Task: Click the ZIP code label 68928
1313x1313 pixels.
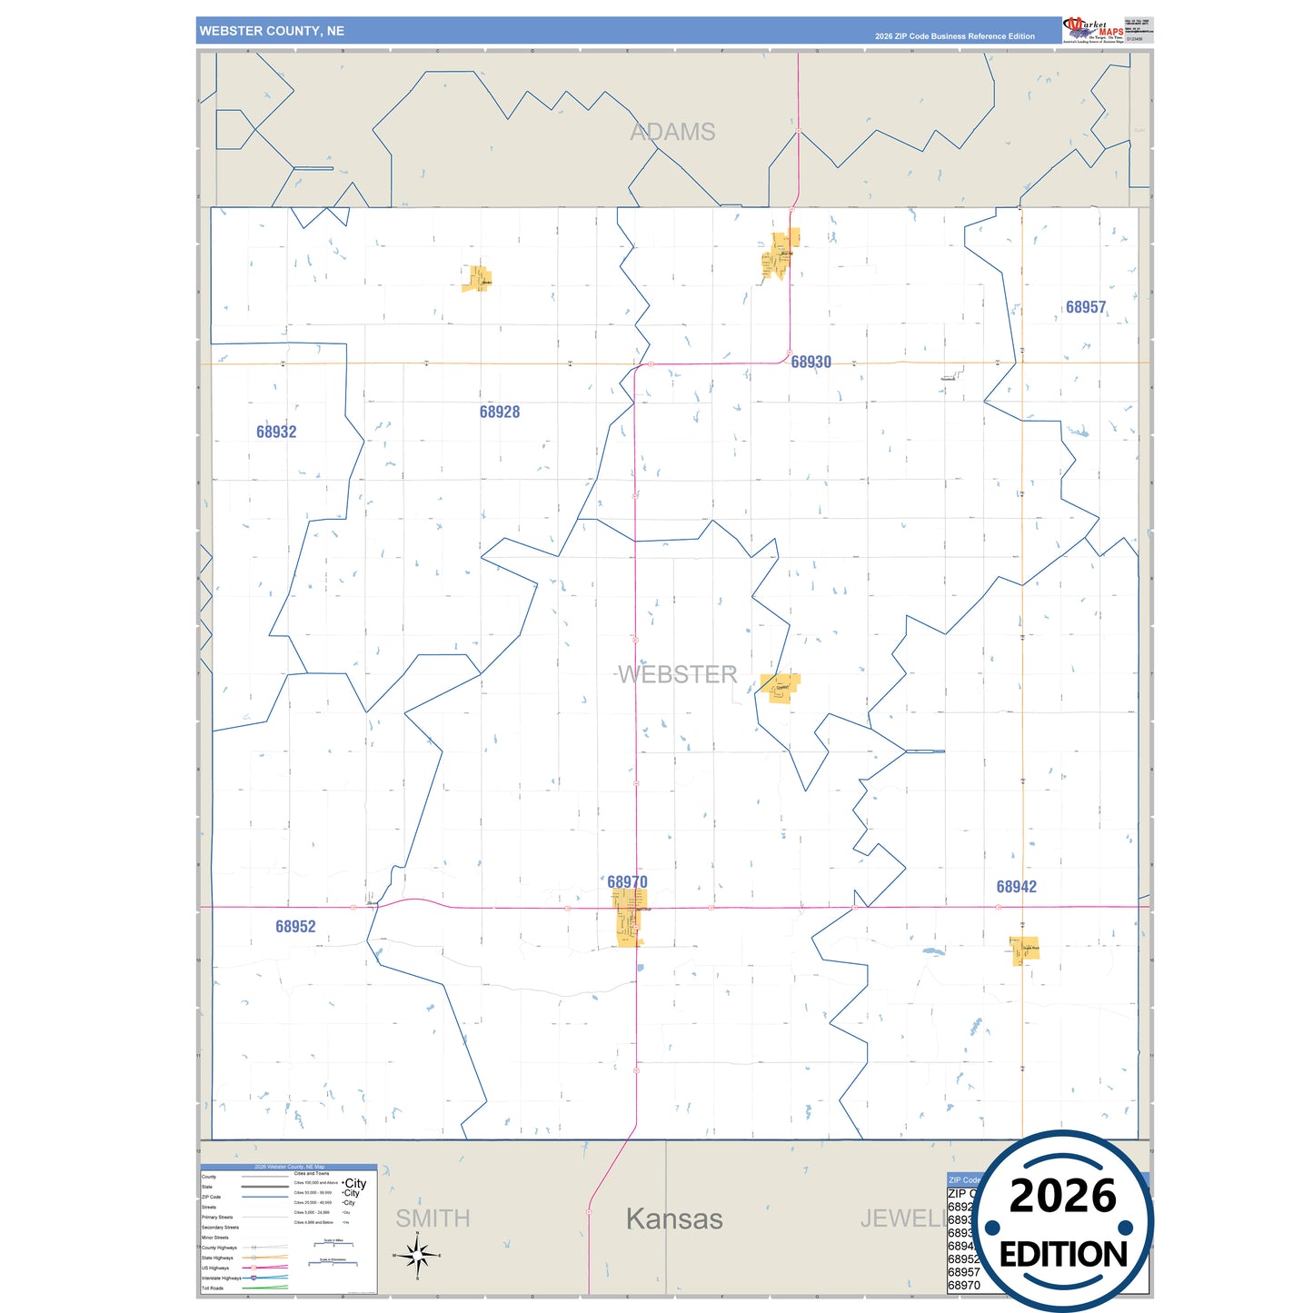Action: click(x=500, y=413)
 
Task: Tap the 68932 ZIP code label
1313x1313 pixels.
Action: click(x=276, y=433)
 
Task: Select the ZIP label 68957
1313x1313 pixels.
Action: click(x=1086, y=308)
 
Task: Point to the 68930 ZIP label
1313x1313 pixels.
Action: click(x=811, y=363)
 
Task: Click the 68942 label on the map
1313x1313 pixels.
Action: click(x=1016, y=887)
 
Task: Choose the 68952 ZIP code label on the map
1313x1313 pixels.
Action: click(x=295, y=927)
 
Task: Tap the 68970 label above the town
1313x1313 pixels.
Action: click(x=627, y=882)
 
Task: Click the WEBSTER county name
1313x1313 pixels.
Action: click(x=678, y=674)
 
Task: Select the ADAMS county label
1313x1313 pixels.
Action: click(x=672, y=133)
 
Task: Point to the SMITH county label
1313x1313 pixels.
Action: click(x=433, y=1219)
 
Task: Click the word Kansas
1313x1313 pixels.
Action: click(x=674, y=1219)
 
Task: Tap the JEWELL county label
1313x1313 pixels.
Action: click(x=900, y=1219)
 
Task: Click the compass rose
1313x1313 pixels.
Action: click(x=417, y=1257)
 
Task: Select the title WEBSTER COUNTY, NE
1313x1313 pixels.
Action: click(x=272, y=31)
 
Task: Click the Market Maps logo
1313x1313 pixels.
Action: click(x=1092, y=30)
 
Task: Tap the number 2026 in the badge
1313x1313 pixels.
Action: click(x=1062, y=1196)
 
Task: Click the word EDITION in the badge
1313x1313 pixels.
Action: click(x=1063, y=1255)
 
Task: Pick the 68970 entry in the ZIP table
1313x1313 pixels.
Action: click(x=963, y=1286)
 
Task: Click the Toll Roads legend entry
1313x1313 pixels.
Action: click(x=213, y=1288)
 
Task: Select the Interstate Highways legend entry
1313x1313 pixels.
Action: click(x=222, y=1278)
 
